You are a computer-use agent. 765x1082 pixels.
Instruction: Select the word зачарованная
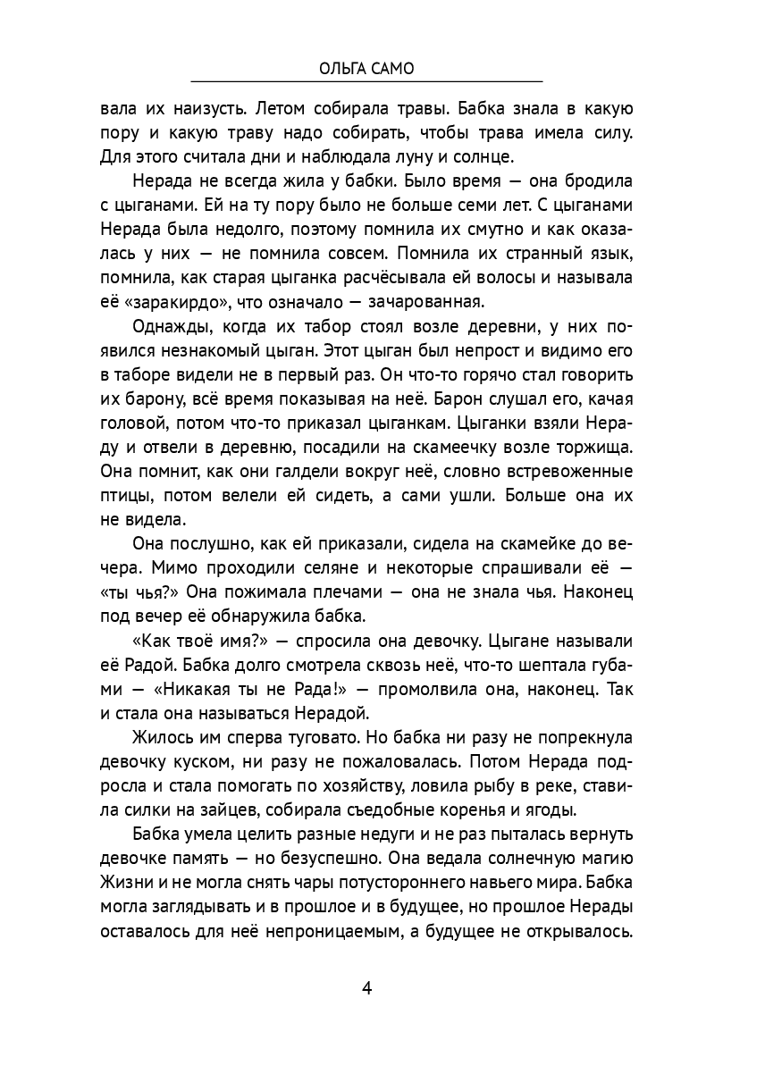[x=430, y=298]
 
